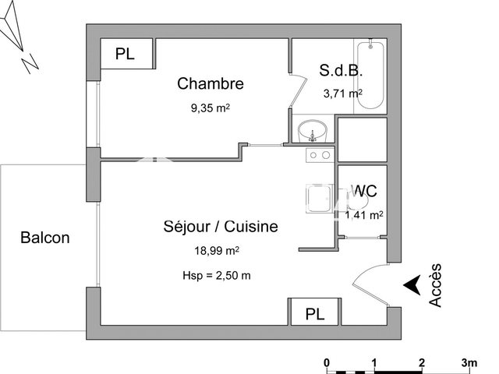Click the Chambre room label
point(211,83)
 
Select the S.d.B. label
point(340,70)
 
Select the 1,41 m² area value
point(363,214)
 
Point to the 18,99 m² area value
point(216,252)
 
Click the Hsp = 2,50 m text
point(216,275)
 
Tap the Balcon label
point(45,238)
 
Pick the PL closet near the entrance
point(313,313)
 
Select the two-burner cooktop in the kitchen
point(319,155)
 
